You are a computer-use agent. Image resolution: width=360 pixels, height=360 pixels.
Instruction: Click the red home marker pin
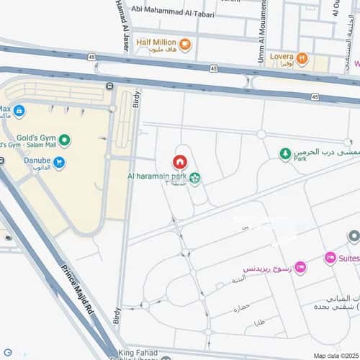point(179,161)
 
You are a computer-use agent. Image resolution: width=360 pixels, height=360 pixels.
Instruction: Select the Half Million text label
point(157,42)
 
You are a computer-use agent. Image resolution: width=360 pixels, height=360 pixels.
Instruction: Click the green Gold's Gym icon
point(65,140)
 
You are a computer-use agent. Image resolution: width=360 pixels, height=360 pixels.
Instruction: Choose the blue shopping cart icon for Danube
point(59,162)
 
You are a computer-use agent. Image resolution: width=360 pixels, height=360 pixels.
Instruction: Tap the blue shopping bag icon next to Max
point(19,112)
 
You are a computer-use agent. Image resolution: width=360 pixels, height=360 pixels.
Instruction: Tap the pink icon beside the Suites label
point(330,258)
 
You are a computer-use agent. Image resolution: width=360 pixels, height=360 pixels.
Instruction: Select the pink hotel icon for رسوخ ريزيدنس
point(300,268)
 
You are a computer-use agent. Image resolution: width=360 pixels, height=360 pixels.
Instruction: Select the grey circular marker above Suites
point(353,236)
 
